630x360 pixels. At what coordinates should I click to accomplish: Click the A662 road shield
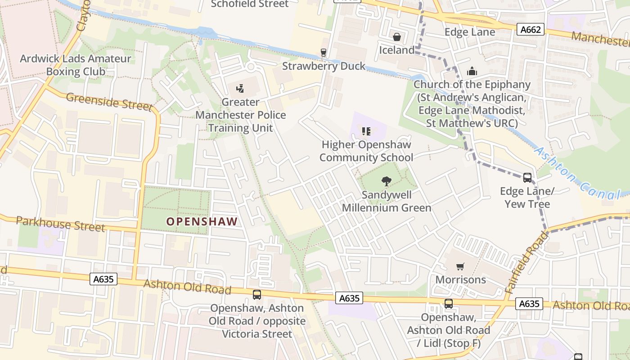click(x=531, y=30)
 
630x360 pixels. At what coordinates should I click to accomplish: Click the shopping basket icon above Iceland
click(x=397, y=37)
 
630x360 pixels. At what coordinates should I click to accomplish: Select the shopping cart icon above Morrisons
click(x=460, y=267)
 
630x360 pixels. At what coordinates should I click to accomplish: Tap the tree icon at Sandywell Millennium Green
click(x=386, y=182)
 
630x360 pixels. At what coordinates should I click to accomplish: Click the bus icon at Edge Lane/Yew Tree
click(x=527, y=178)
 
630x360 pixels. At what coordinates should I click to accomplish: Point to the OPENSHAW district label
click(x=202, y=221)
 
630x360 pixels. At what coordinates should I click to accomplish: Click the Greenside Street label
click(x=109, y=101)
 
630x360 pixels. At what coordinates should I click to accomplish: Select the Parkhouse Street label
click(x=60, y=224)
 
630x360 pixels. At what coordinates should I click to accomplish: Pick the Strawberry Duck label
click(x=324, y=66)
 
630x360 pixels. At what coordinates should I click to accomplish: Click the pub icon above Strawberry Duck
click(x=323, y=53)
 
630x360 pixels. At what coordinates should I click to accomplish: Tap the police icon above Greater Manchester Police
click(x=240, y=88)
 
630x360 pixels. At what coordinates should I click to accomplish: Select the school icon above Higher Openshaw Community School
click(x=366, y=131)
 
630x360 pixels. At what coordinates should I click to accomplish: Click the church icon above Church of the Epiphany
click(x=472, y=71)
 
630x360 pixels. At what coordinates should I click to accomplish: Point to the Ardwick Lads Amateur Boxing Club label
click(x=76, y=65)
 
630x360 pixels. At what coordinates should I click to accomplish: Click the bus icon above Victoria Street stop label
click(x=257, y=295)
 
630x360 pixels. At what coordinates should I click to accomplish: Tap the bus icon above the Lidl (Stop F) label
click(x=449, y=304)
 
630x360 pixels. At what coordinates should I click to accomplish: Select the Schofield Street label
click(x=250, y=4)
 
